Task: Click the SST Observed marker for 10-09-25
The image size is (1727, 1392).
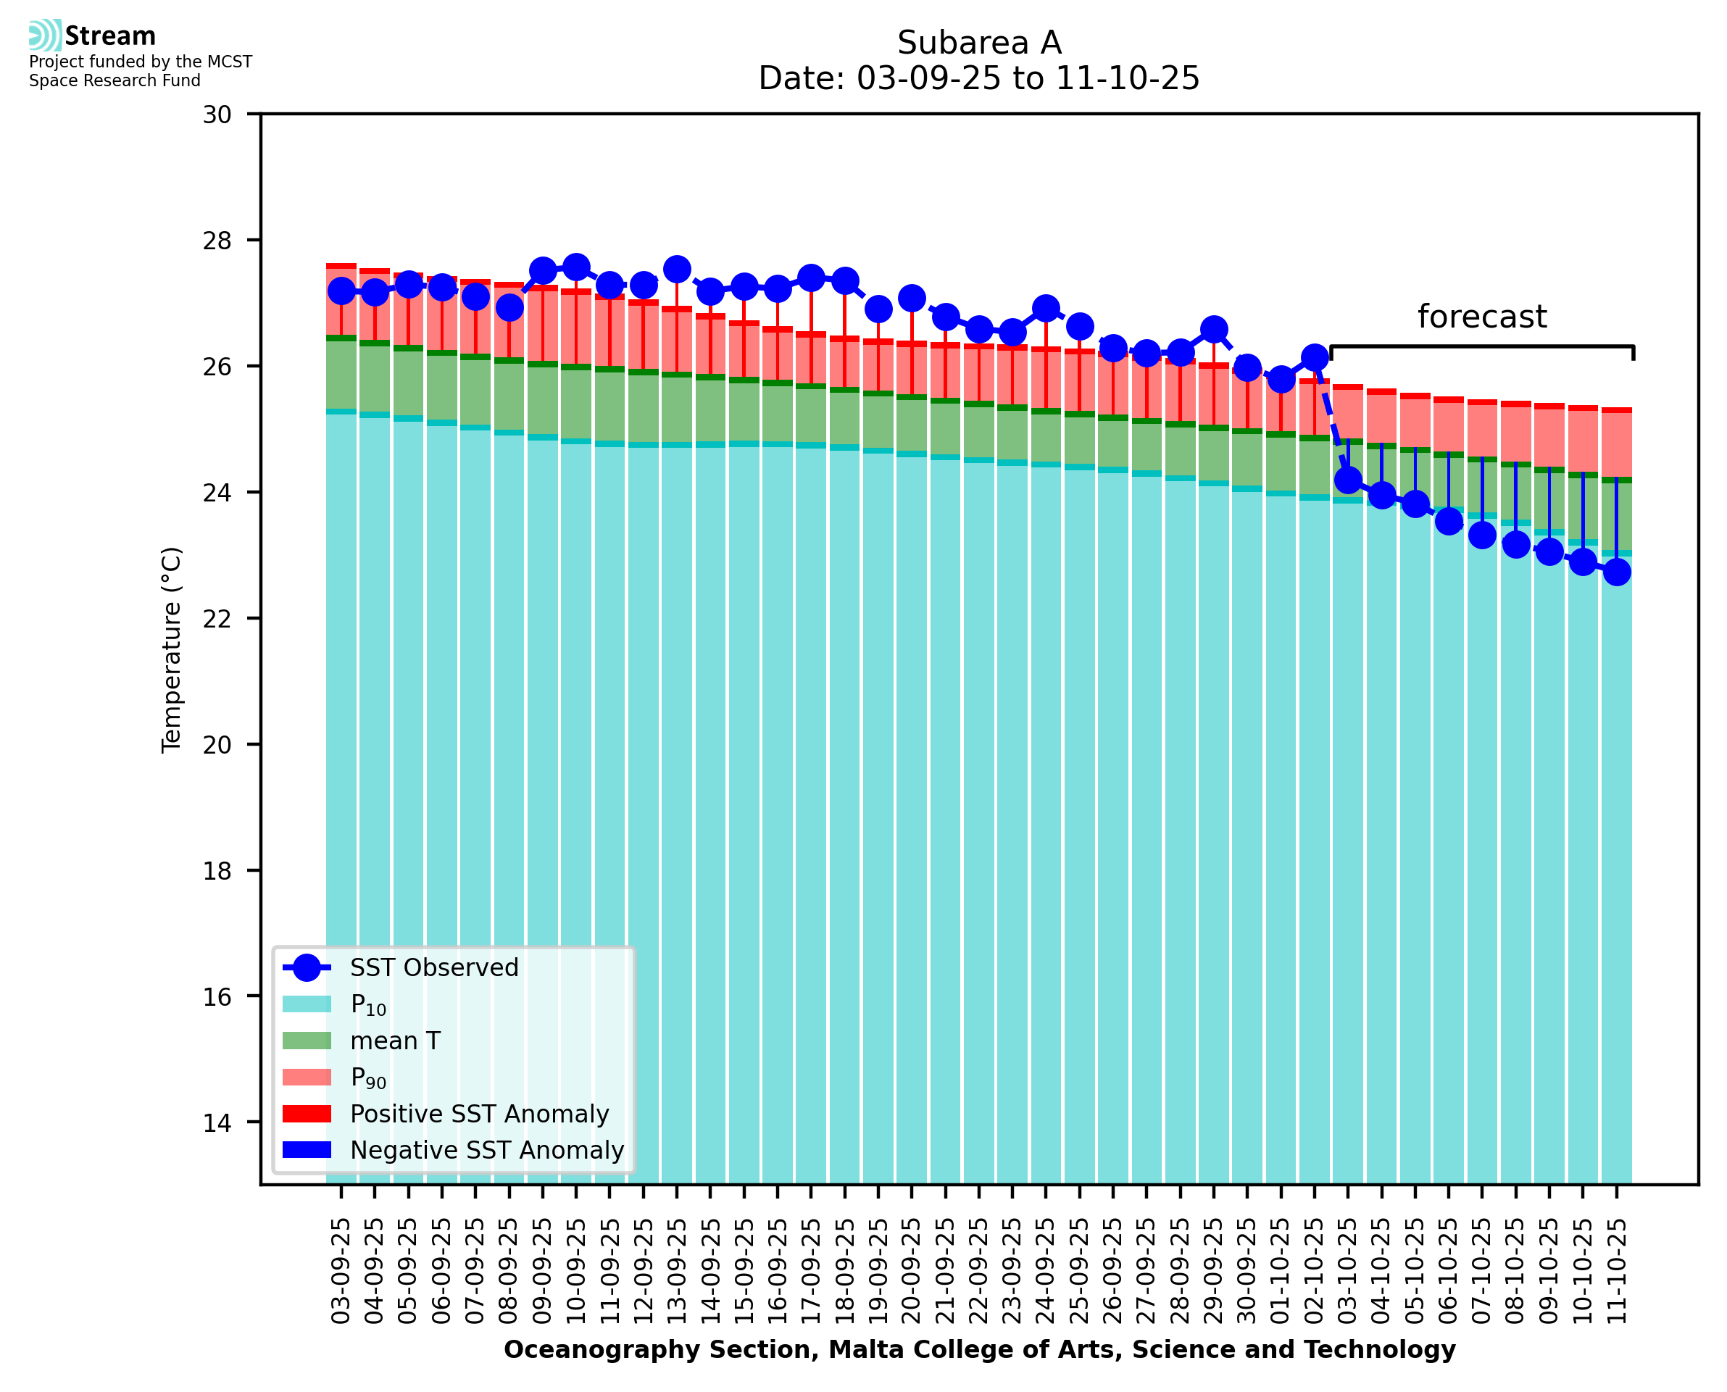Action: point(575,267)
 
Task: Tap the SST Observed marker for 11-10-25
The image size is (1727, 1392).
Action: point(1615,572)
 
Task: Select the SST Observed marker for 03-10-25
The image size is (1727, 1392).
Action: point(1348,481)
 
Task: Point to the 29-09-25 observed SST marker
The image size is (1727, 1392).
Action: point(1213,330)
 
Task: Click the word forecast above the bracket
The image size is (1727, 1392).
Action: point(1481,317)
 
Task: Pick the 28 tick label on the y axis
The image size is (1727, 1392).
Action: point(217,241)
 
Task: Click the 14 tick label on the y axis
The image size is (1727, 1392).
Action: point(217,1122)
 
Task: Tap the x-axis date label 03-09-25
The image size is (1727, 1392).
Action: point(341,1271)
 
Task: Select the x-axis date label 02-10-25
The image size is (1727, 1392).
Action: point(1314,1271)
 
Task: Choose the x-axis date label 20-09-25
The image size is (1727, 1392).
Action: point(912,1271)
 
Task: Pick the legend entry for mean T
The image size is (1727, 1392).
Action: point(395,1041)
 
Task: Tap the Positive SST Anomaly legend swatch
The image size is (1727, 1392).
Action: point(307,1114)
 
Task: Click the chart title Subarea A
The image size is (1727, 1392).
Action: point(979,43)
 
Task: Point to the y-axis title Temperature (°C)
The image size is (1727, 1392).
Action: point(172,650)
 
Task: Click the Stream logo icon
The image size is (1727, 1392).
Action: point(45,36)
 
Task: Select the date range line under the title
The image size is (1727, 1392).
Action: point(979,78)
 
